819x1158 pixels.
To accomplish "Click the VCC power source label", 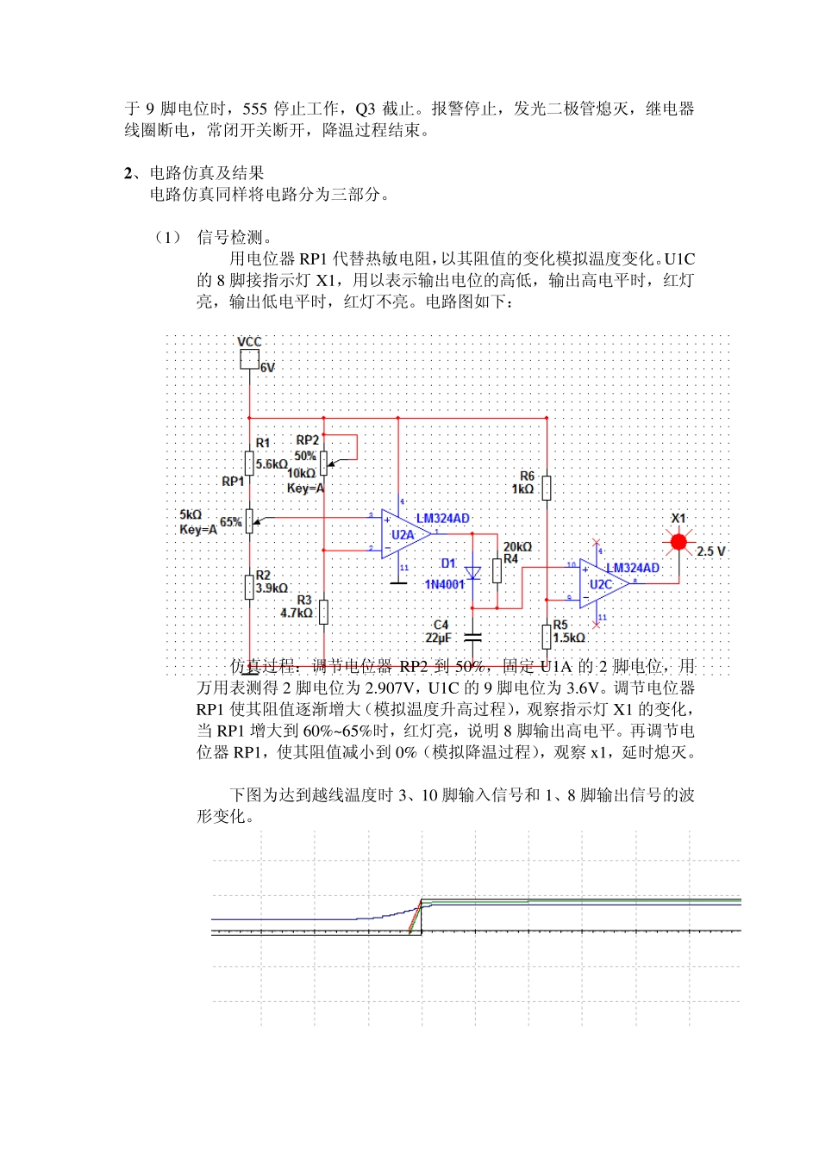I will pos(249,342).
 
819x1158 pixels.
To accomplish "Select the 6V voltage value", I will pos(268,368).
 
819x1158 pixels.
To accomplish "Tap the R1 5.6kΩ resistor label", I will pos(272,464).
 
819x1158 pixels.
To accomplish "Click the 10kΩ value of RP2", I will pos(301,473).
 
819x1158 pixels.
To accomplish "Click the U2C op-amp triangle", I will pos(601,584).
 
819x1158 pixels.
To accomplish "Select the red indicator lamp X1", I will pos(678,542).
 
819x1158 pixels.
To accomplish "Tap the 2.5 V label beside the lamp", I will pos(711,551).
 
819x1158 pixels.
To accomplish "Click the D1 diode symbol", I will pos(472,573).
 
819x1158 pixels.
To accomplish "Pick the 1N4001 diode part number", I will pos(444,585).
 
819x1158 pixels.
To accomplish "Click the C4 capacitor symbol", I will pos(472,638).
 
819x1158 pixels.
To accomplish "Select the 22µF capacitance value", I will pos(438,638).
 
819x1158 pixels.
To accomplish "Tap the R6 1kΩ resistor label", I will pos(523,489).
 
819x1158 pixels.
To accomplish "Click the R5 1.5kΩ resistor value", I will pos(569,638).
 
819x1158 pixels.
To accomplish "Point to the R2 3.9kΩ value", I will pos(272,588).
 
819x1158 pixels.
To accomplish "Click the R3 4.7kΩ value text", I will pos(296,613).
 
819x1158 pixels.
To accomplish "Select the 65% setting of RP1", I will pos(230,522).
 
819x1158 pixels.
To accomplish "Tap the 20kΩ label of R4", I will pos(517,547).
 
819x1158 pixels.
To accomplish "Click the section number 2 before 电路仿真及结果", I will pos(128,173).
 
